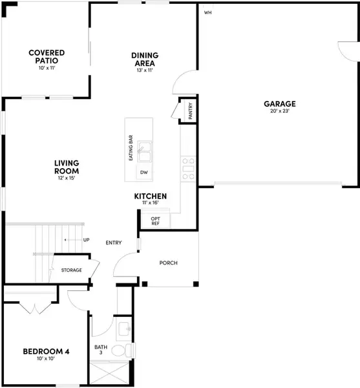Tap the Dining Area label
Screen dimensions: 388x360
(x=144, y=59)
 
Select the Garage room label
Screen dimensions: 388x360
(x=279, y=103)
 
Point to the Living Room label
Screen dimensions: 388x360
(x=66, y=167)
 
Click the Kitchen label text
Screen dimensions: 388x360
(x=151, y=196)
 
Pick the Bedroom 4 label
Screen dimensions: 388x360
(x=46, y=352)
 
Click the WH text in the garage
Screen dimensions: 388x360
(x=207, y=12)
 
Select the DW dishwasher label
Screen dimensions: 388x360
(x=143, y=173)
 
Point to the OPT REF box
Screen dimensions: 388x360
(x=155, y=221)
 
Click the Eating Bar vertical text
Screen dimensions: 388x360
(x=131, y=148)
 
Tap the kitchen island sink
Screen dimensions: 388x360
(x=144, y=151)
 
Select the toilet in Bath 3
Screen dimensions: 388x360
(x=119, y=351)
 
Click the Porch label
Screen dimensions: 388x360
(x=169, y=263)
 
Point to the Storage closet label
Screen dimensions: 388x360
(x=71, y=270)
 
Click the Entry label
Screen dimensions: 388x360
(x=114, y=242)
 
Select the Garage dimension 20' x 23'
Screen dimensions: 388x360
(x=279, y=111)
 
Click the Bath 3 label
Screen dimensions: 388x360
(x=101, y=350)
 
